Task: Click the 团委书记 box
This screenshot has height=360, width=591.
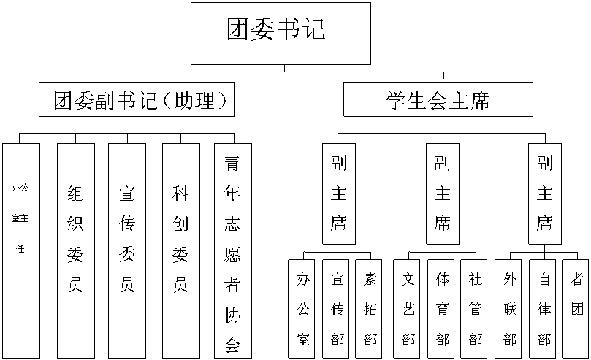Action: (281, 34)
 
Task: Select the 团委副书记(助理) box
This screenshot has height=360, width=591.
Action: (137, 100)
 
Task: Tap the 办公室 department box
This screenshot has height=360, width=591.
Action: (303, 308)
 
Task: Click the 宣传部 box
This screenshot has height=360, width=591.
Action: (337, 308)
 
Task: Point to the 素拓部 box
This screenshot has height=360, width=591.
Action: (370, 308)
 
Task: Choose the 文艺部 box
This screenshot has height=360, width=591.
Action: (409, 308)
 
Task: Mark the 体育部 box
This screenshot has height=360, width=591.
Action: (443, 308)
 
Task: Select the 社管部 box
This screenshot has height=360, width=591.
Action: (476, 308)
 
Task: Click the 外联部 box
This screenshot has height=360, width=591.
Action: (510, 308)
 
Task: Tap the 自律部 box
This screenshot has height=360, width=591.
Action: (544, 308)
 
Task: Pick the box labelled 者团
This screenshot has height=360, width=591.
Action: (577, 308)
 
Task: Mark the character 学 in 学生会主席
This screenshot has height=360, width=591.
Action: (395, 100)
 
